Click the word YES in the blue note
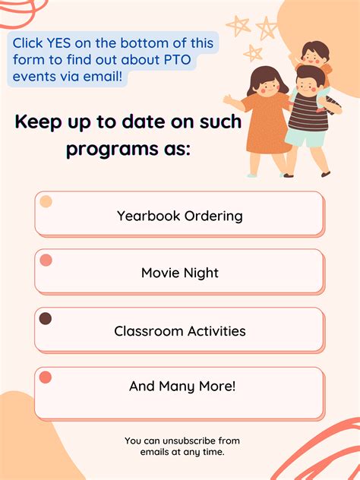pyautogui.click(x=65, y=43)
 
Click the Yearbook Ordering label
pyautogui.click(x=180, y=216)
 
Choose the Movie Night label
pyautogui.click(x=180, y=273)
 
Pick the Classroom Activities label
pyautogui.click(x=180, y=331)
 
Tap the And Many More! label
pyautogui.click(x=182, y=386)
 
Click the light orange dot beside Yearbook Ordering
pyautogui.click(x=46, y=202)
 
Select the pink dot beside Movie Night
pyautogui.click(x=46, y=261)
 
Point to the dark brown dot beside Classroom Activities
pyautogui.click(x=46, y=319)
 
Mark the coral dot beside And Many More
pyautogui.click(x=46, y=377)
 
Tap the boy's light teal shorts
pyautogui.click(x=304, y=139)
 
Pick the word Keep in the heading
pyautogui.click(x=39, y=122)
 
